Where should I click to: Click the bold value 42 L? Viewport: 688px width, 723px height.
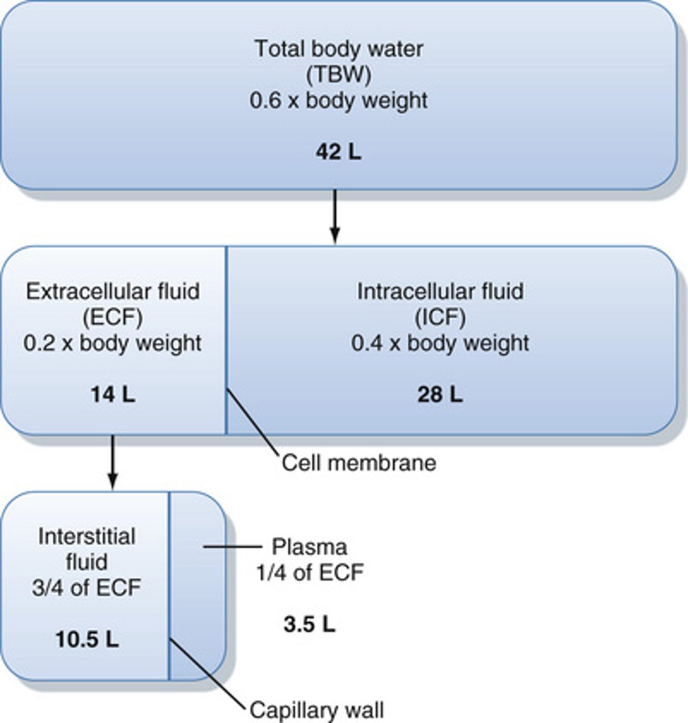(x=339, y=152)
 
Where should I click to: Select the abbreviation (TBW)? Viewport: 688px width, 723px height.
(x=339, y=75)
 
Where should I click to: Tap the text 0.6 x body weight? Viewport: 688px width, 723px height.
(x=339, y=101)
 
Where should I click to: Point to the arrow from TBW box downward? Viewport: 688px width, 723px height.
(x=335, y=217)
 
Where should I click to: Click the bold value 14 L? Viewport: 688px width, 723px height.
(x=113, y=395)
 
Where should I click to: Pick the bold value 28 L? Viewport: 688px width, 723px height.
(x=440, y=395)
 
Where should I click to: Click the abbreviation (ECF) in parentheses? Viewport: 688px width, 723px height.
(x=113, y=318)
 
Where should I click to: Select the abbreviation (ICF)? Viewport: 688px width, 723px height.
(x=440, y=318)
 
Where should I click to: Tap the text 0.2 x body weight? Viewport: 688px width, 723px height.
(x=113, y=343)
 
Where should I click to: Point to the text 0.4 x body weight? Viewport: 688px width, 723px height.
(x=440, y=343)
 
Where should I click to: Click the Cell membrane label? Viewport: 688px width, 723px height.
(x=359, y=463)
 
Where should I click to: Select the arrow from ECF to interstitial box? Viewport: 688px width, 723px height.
(x=113, y=462)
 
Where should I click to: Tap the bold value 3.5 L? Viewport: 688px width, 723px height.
(x=309, y=624)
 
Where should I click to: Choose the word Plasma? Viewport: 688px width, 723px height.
(x=309, y=547)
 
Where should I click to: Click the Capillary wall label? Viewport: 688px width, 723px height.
(x=316, y=710)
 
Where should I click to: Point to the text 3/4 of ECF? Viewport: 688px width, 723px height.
(x=87, y=587)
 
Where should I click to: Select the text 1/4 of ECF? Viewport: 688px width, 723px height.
(x=309, y=572)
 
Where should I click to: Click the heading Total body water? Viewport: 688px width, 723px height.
(x=339, y=49)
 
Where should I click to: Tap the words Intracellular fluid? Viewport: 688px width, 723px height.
(x=440, y=292)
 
